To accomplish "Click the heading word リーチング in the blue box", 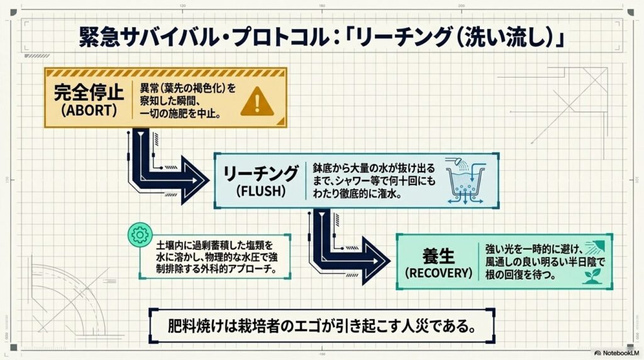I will tap(260, 171).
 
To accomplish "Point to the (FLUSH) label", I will tap(259, 190).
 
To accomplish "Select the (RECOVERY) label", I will tap(438, 273).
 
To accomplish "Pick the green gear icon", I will tap(136, 233).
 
